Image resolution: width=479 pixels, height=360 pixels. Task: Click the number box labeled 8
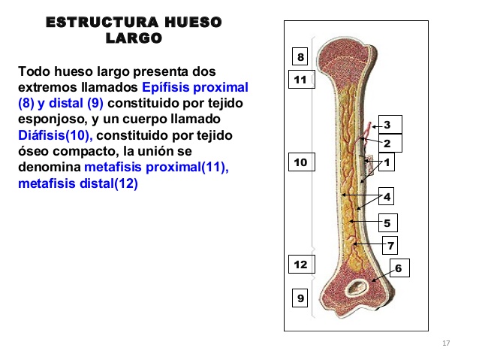[x=300, y=57]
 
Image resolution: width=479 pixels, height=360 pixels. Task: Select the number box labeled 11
[x=300, y=79]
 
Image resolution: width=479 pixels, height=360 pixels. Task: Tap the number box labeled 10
[x=300, y=162]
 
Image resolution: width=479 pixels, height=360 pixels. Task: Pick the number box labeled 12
[x=300, y=265]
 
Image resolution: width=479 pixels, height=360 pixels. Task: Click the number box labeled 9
[x=300, y=298]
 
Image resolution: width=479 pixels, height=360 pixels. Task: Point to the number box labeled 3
[x=387, y=125]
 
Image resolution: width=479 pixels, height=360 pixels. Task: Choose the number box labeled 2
[x=387, y=143]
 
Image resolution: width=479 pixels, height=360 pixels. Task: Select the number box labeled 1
[x=387, y=162]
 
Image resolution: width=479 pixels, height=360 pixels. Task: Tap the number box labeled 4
[x=387, y=197]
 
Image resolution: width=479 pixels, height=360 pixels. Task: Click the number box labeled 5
[x=387, y=222]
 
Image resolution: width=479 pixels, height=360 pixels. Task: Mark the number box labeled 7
[x=391, y=245]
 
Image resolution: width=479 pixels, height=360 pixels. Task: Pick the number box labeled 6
[x=398, y=268]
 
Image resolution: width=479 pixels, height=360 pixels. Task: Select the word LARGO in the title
[x=134, y=38]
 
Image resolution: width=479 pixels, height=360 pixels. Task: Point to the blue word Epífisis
[x=165, y=88]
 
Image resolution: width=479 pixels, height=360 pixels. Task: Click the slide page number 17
[x=446, y=343]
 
